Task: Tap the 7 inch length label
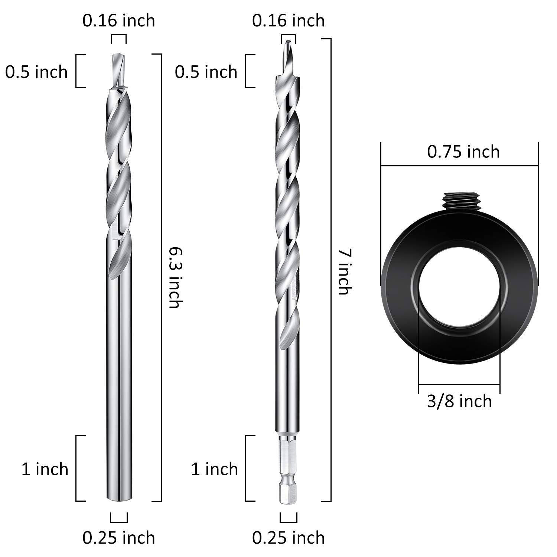pyautogui.click(x=344, y=272)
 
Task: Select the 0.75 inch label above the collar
pyautogui.click(x=463, y=152)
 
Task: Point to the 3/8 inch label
pyautogui.click(x=459, y=401)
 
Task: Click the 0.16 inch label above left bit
pyautogui.click(x=119, y=20)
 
